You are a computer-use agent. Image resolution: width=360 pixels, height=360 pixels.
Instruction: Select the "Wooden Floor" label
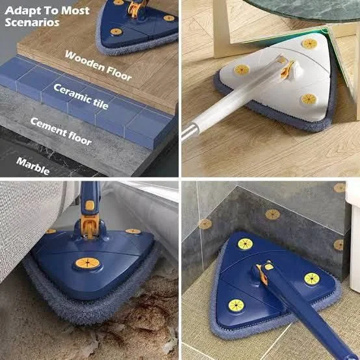pos(98,65)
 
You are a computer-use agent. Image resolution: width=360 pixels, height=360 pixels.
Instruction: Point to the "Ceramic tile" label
pos(81,97)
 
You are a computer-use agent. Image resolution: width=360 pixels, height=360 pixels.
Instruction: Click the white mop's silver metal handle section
pos(189,131)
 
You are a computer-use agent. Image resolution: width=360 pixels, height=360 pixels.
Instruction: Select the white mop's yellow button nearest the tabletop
pos(309,44)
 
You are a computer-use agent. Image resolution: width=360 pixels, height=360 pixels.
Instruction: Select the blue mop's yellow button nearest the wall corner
pos(244,244)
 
